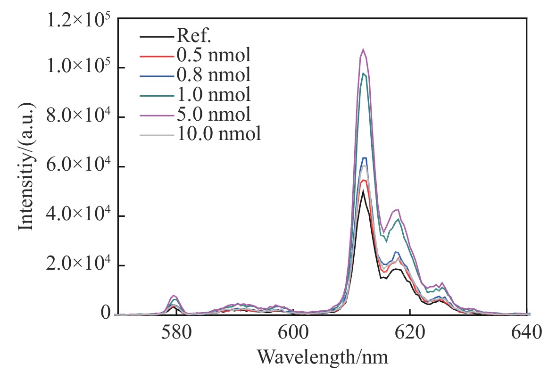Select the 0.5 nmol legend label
(213, 55)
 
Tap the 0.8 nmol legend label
(213, 74)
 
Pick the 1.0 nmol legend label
(213, 94)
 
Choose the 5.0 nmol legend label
(213, 114)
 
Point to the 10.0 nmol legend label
(219, 134)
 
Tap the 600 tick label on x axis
(293, 333)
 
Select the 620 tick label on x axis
(410, 333)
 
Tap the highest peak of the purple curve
(363, 49)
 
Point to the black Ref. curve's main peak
(363, 191)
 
